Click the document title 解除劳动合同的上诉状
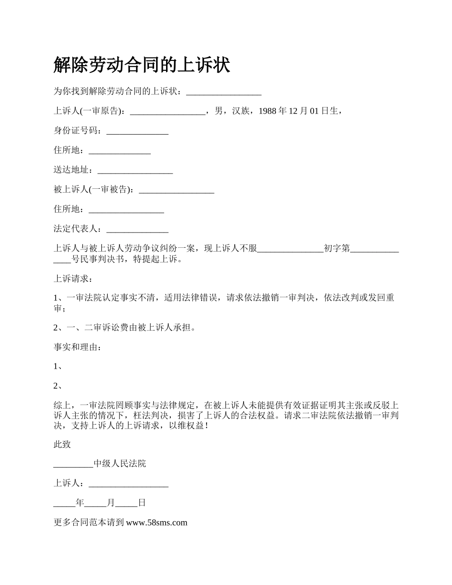tap(142, 66)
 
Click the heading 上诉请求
tap(71, 279)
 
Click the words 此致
tap(62, 444)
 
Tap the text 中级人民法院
tap(119, 464)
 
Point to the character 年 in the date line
tap(80, 503)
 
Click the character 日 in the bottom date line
tap(142, 503)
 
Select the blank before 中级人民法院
tap(73, 464)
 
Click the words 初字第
tap(336, 249)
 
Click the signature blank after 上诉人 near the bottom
tap(128, 484)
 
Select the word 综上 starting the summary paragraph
tap(62, 406)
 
